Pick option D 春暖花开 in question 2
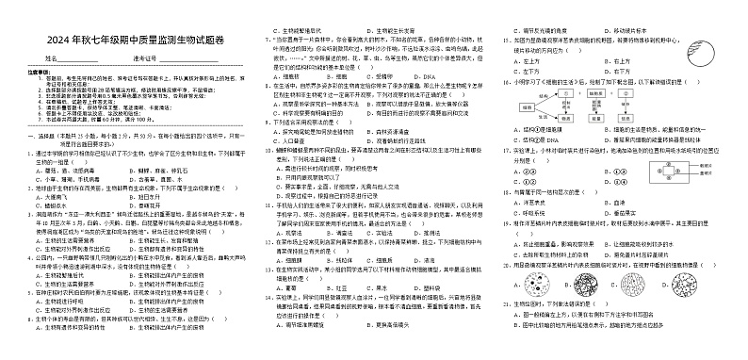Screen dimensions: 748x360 pyautogui.click(x=146, y=206)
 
